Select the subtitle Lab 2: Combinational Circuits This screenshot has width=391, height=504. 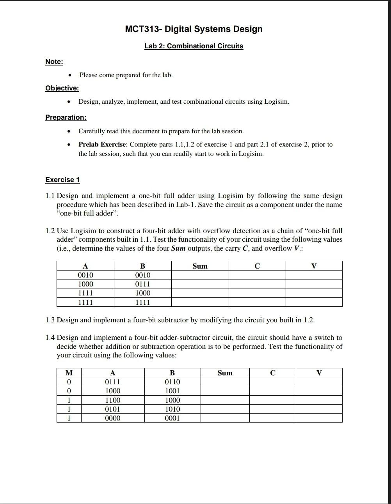point(194,46)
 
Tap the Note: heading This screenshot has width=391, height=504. point(54,62)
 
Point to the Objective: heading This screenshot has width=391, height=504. point(62,88)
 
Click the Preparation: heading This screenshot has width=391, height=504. point(66,117)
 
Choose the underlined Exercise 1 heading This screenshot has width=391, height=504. point(62,180)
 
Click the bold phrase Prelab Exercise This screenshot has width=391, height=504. point(102,145)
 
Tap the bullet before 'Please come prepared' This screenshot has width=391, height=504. point(69,75)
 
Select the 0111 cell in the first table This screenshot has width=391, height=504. point(142,284)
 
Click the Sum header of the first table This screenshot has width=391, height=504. point(200,266)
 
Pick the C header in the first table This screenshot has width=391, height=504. point(257,266)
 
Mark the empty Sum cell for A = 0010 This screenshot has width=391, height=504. point(200,275)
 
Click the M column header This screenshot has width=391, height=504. point(69,373)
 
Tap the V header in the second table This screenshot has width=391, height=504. point(319,373)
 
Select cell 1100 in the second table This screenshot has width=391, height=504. point(113,400)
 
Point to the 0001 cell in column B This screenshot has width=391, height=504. point(172,418)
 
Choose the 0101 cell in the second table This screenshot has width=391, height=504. point(113,409)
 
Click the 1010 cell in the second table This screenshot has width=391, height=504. point(172,409)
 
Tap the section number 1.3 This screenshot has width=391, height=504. point(50,320)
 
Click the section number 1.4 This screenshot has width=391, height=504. point(50,338)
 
